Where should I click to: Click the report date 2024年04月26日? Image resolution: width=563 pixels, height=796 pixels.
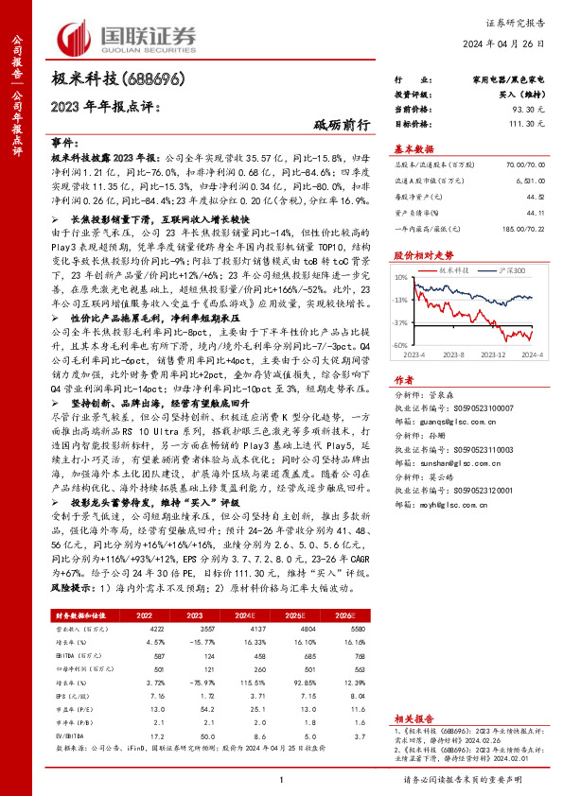point(516,44)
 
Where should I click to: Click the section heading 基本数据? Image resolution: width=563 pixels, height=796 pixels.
point(413,148)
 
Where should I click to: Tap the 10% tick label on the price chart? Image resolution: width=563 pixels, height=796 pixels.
point(401,278)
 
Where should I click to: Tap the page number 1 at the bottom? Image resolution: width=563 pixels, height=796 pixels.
point(281,778)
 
